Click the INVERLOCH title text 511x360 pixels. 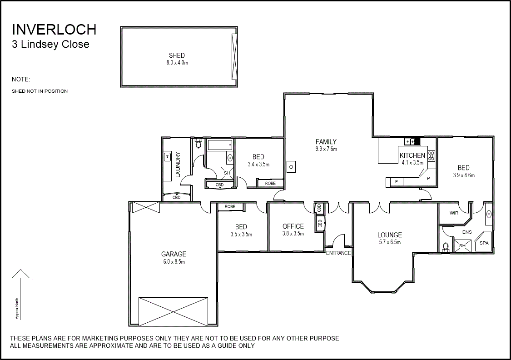(x=54, y=30)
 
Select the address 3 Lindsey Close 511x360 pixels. (x=50, y=45)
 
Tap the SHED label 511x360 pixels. (x=177, y=55)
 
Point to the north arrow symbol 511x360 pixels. (x=20, y=274)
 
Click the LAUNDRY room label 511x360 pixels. (x=178, y=165)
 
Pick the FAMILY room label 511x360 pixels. (x=326, y=142)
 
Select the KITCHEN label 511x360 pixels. (x=412, y=155)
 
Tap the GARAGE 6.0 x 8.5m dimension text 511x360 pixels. (x=174, y=262)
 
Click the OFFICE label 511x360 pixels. (x=293, y=226)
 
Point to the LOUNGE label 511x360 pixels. (x=390, y=235)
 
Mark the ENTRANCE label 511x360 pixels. (x=338, y=253)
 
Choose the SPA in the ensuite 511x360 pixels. (x=484, y=243)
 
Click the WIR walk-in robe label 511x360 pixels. (x=453, y=213)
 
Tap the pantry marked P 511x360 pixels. (x=428, y=179)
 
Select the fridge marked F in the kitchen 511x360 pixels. (x=396, y=182)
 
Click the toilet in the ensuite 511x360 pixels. (x=446, y=247)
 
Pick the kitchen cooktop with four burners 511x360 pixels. (x=431, y=156)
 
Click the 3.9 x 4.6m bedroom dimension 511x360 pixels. (x=463, y=175)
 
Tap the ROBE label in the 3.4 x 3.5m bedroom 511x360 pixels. (x=270, y=183)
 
